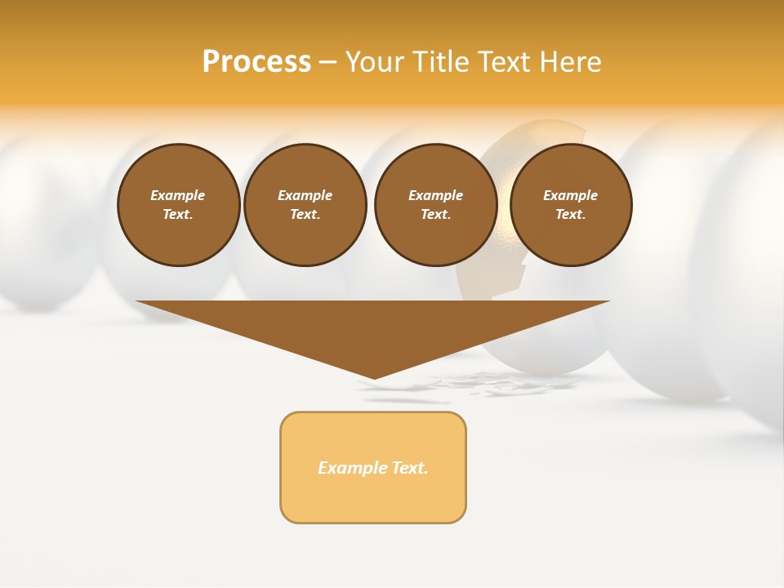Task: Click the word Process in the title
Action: click(256, 62)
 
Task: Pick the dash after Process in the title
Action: click(327, 62)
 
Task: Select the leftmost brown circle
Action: click(179, 205)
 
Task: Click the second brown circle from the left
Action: click(305, 205)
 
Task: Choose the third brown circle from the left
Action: click(436, 205)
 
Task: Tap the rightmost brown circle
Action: click(571, 205)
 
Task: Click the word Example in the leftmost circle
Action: click(178, 195)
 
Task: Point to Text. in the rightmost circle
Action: click(571, 215)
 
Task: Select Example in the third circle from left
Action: click(436, 195)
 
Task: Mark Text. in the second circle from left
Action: click(305, 215)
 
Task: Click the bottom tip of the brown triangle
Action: click(374, 377)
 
